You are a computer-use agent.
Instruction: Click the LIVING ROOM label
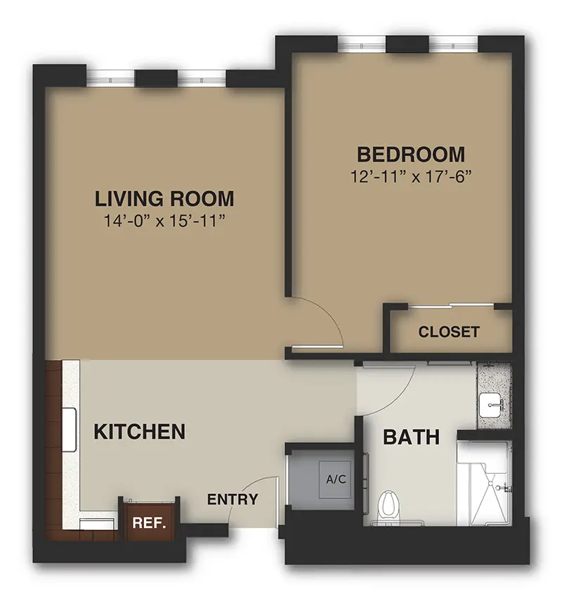pos(164,199)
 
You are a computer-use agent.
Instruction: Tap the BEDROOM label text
pos(411,155)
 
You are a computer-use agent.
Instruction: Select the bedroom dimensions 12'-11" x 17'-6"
pos(411,176)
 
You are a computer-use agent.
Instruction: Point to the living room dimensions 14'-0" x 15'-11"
pos(164,221)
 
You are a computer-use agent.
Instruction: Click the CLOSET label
pos(449,332)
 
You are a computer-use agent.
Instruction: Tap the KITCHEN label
pos(139,432)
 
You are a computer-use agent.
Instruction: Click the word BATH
pos(411,437)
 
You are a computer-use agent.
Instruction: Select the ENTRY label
pos(233,499)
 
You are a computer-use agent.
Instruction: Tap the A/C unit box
pos(336,479)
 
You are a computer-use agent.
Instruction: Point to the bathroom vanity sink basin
pos(491,405)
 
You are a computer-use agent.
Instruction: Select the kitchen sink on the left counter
pos(70,430)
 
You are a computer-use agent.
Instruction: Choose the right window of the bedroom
pos(453,46)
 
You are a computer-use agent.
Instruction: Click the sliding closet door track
pos(451,305)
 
